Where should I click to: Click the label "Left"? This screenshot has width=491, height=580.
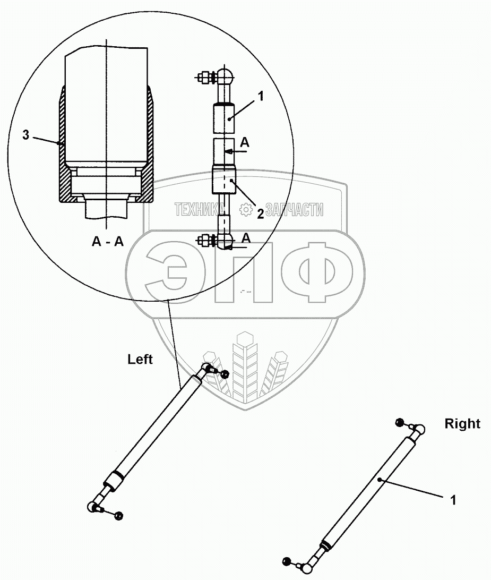140,360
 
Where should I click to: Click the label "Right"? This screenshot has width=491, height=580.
462,424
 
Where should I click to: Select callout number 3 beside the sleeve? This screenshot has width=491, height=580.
26,135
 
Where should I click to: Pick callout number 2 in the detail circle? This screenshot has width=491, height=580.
260,213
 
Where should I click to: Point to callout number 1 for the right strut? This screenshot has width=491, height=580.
452,500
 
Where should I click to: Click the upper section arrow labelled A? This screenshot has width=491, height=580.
245,142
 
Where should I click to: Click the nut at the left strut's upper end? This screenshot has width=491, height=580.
224,375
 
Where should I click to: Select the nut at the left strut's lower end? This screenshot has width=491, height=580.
118,516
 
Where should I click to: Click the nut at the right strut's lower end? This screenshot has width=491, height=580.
287,561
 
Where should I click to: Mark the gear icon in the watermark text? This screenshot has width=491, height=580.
246,210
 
